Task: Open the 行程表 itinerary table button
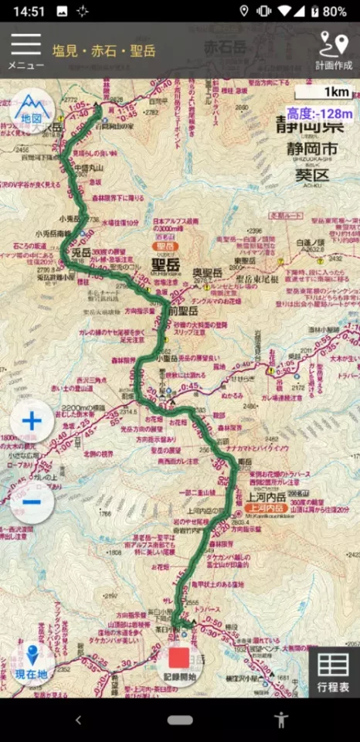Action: point(333,671)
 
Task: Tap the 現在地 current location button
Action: point(32,662)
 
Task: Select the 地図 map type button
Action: point(32,109)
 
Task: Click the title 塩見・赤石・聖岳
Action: point(104,51)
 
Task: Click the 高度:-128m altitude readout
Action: point(319,114)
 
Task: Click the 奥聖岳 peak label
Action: point(207,273)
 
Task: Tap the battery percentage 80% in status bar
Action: point(335,11)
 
